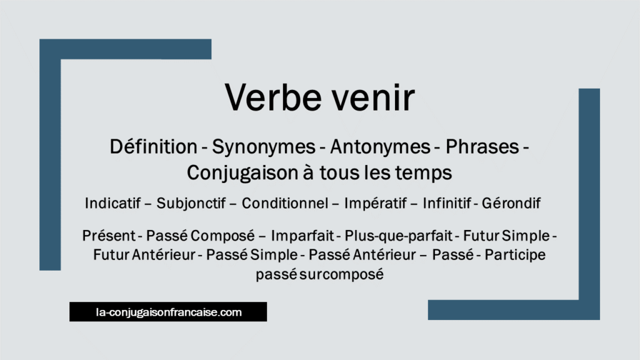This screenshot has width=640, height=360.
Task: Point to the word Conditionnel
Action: point(284,204)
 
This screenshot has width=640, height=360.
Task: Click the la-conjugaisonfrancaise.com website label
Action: point(168,312)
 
